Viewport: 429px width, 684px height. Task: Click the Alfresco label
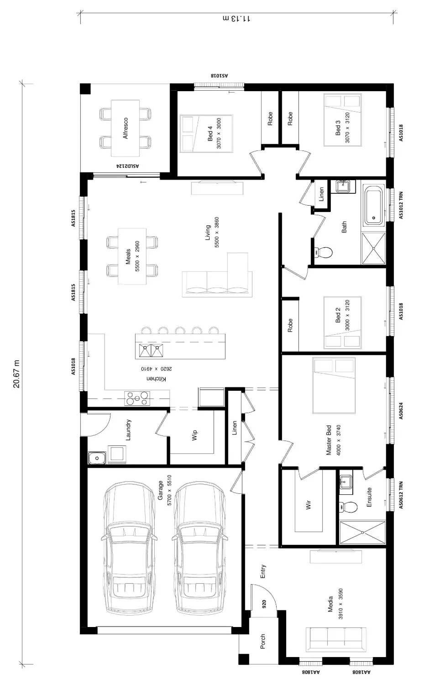(126, 128)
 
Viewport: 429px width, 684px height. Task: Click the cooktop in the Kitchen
(137, 398)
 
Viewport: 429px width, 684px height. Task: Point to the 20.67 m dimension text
(16, 374)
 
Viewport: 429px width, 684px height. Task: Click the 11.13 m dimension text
(236, 19)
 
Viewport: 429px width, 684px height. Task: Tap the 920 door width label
(264, 604)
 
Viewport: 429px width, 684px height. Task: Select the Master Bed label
(329, 440)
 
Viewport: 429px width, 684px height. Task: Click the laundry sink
(97, 458)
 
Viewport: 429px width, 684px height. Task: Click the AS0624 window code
(401, 411)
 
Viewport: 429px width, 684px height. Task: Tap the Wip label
(194, 435)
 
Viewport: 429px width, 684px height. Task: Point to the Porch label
(262, 641)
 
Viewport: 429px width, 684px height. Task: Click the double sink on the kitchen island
(151, 351)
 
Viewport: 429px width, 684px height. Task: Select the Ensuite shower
(363, 533)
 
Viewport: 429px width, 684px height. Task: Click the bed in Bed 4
(207, 134)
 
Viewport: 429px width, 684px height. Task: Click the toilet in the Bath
(323, 252)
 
